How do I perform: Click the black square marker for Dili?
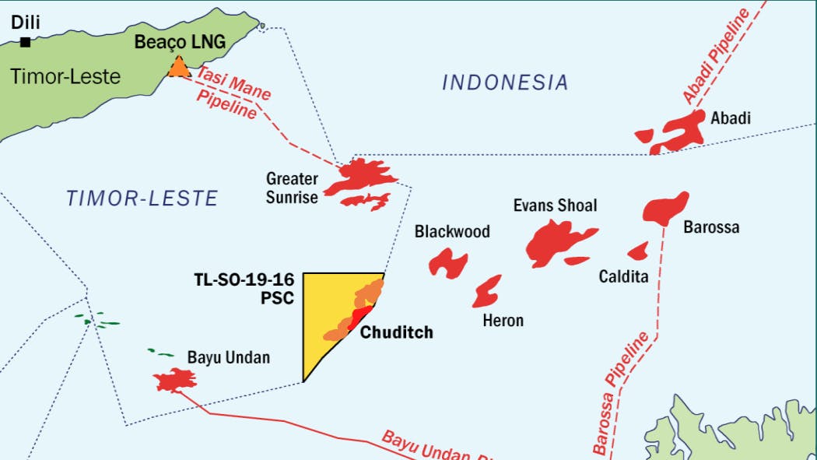pyautogui.click(x=26, y=43)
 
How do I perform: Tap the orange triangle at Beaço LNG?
pyautogui.click(x=179, y=68)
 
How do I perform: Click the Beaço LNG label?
pyautogui.click(x=180, y=42)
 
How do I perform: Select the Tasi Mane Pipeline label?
pyautogui.click(x=231, y=92)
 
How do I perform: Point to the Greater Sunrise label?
pyautogui.click(x=292, y=188)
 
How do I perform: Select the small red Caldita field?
pyautogui.click(x=639, y=251)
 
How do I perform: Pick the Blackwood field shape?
pyautogui.click(x=448, y=262)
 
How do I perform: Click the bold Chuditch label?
pyautogui.click(x=396, y=332)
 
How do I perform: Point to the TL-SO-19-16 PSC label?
pyautogui.click(x=244, y=287)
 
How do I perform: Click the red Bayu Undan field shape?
pyautogui.click(x=175, y=380)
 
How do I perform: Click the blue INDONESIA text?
pyautogui.click(x=505, y=83)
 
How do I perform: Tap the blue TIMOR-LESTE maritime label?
pyautogui.click(x=142, y=198)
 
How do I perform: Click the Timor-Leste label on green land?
pyautogui.click(x=65, y=76)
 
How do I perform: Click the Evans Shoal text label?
pyautogui.click(x=555, y=205)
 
